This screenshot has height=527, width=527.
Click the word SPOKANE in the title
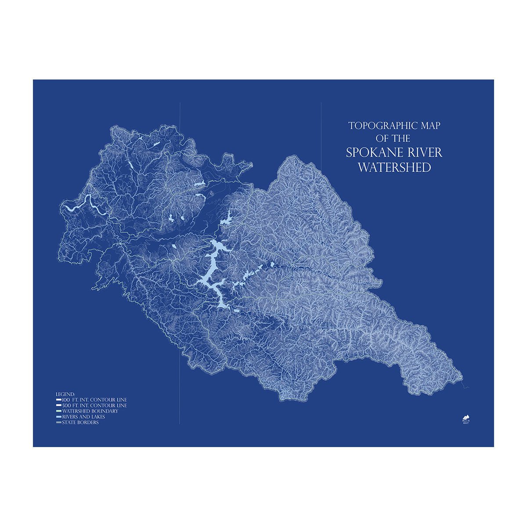pyautogui.click(x=370, y=153)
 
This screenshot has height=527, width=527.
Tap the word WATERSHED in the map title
pyautogui.click(x=394, y=168)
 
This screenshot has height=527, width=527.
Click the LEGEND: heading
pyautogui.click(x=65, y=394)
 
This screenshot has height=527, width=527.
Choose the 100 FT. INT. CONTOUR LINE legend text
pyautogui.click(x=94, y=400)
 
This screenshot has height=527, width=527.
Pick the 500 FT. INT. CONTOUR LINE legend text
pyautogui.click(x=94, y=405)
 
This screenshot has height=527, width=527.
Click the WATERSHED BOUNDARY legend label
pyautogui.click(x=90, y=411)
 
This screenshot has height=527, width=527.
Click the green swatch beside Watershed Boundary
pyautogui.click(x=58, y=411)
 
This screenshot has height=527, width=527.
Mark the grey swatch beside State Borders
pyautogui.click(x=58, y=422)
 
